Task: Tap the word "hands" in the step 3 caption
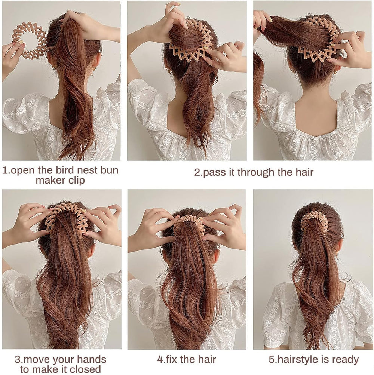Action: pyautogui.click(x=92, y=359)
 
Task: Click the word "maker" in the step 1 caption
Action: pyautogui.click(x=50, y=180)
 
